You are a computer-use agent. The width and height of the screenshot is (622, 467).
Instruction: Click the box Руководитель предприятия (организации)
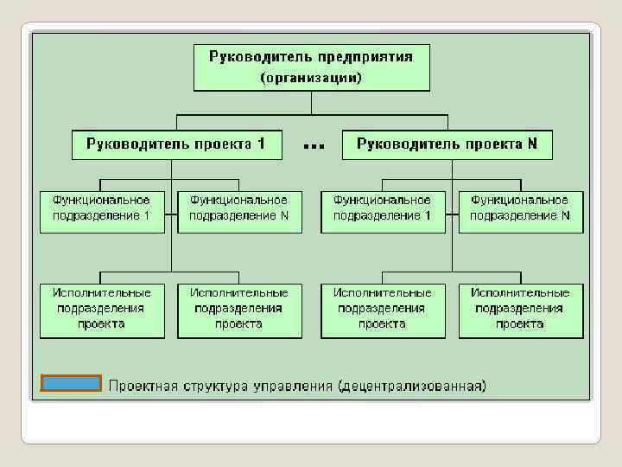[x=311, y=67]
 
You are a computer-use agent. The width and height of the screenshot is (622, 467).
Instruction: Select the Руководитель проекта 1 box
[x=176, y=144]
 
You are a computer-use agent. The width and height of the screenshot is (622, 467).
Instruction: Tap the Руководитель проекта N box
[x=447, y=144]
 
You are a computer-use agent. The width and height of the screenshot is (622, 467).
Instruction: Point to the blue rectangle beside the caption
[x=71, y=383]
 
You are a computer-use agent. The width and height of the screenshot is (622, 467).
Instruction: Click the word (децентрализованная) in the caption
[x=412, y=385]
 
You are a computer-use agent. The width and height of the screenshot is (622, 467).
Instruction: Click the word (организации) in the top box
[x=311, y=78]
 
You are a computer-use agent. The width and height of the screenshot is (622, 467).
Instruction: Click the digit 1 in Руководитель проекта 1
[x=260, y=144]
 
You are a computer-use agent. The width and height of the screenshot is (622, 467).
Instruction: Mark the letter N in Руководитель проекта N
[x=532, y=144]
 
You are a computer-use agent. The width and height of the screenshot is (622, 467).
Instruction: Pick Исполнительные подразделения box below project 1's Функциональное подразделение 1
[x=102, y=310]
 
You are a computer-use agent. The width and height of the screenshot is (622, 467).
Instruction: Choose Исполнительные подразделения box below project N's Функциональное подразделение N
[x=520, y=310]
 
